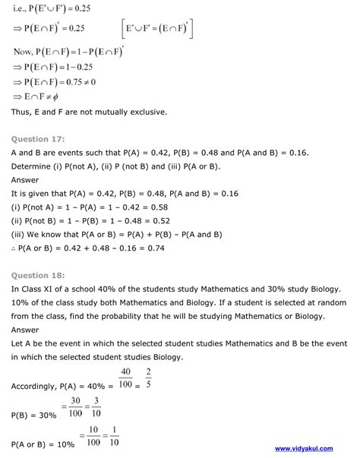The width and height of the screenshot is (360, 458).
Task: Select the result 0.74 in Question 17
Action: [x=187, y=248]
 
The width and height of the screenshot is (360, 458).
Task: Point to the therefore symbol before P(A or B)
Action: [x=15, y=248]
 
